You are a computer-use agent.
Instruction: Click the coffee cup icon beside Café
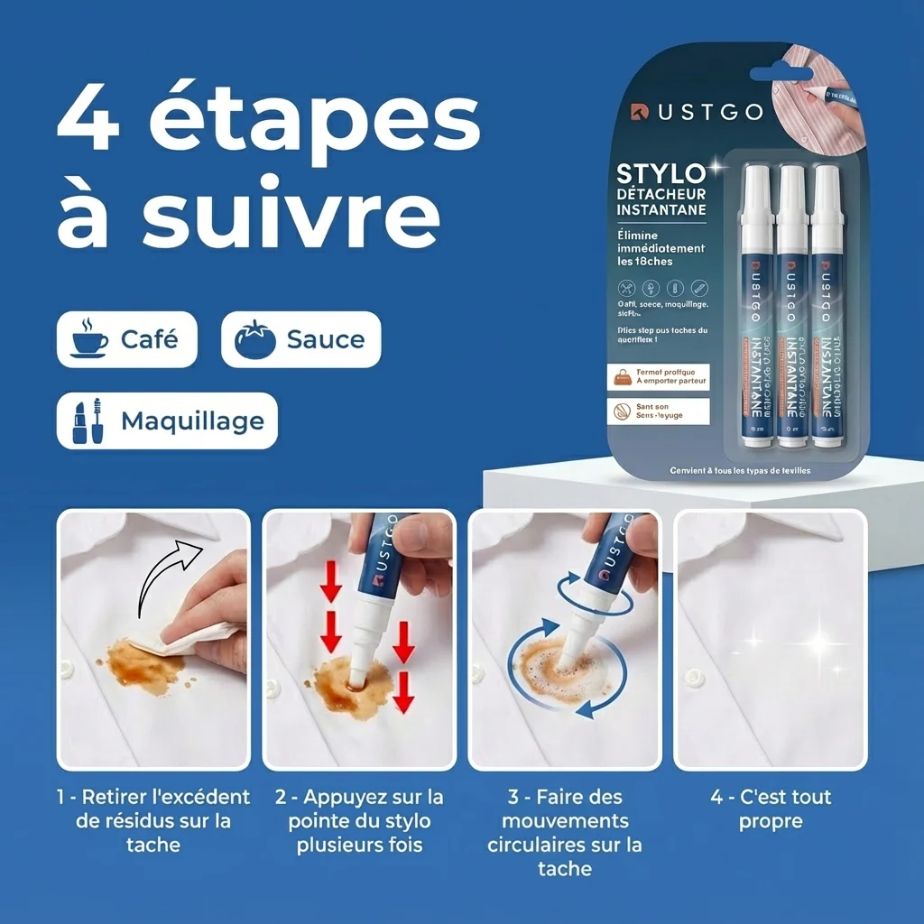click(88, 339)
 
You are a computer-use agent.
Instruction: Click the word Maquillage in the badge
click(192, 420)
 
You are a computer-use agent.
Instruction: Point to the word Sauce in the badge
click(325, 339)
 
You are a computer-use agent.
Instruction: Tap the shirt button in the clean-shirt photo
click(695, 677)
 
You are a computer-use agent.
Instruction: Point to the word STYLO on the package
click(661, 173)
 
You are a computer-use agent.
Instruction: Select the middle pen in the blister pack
click(791, 307)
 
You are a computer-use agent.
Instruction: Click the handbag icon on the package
click(623, 377)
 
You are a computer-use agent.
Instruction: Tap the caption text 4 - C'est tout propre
click(771, 808)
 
